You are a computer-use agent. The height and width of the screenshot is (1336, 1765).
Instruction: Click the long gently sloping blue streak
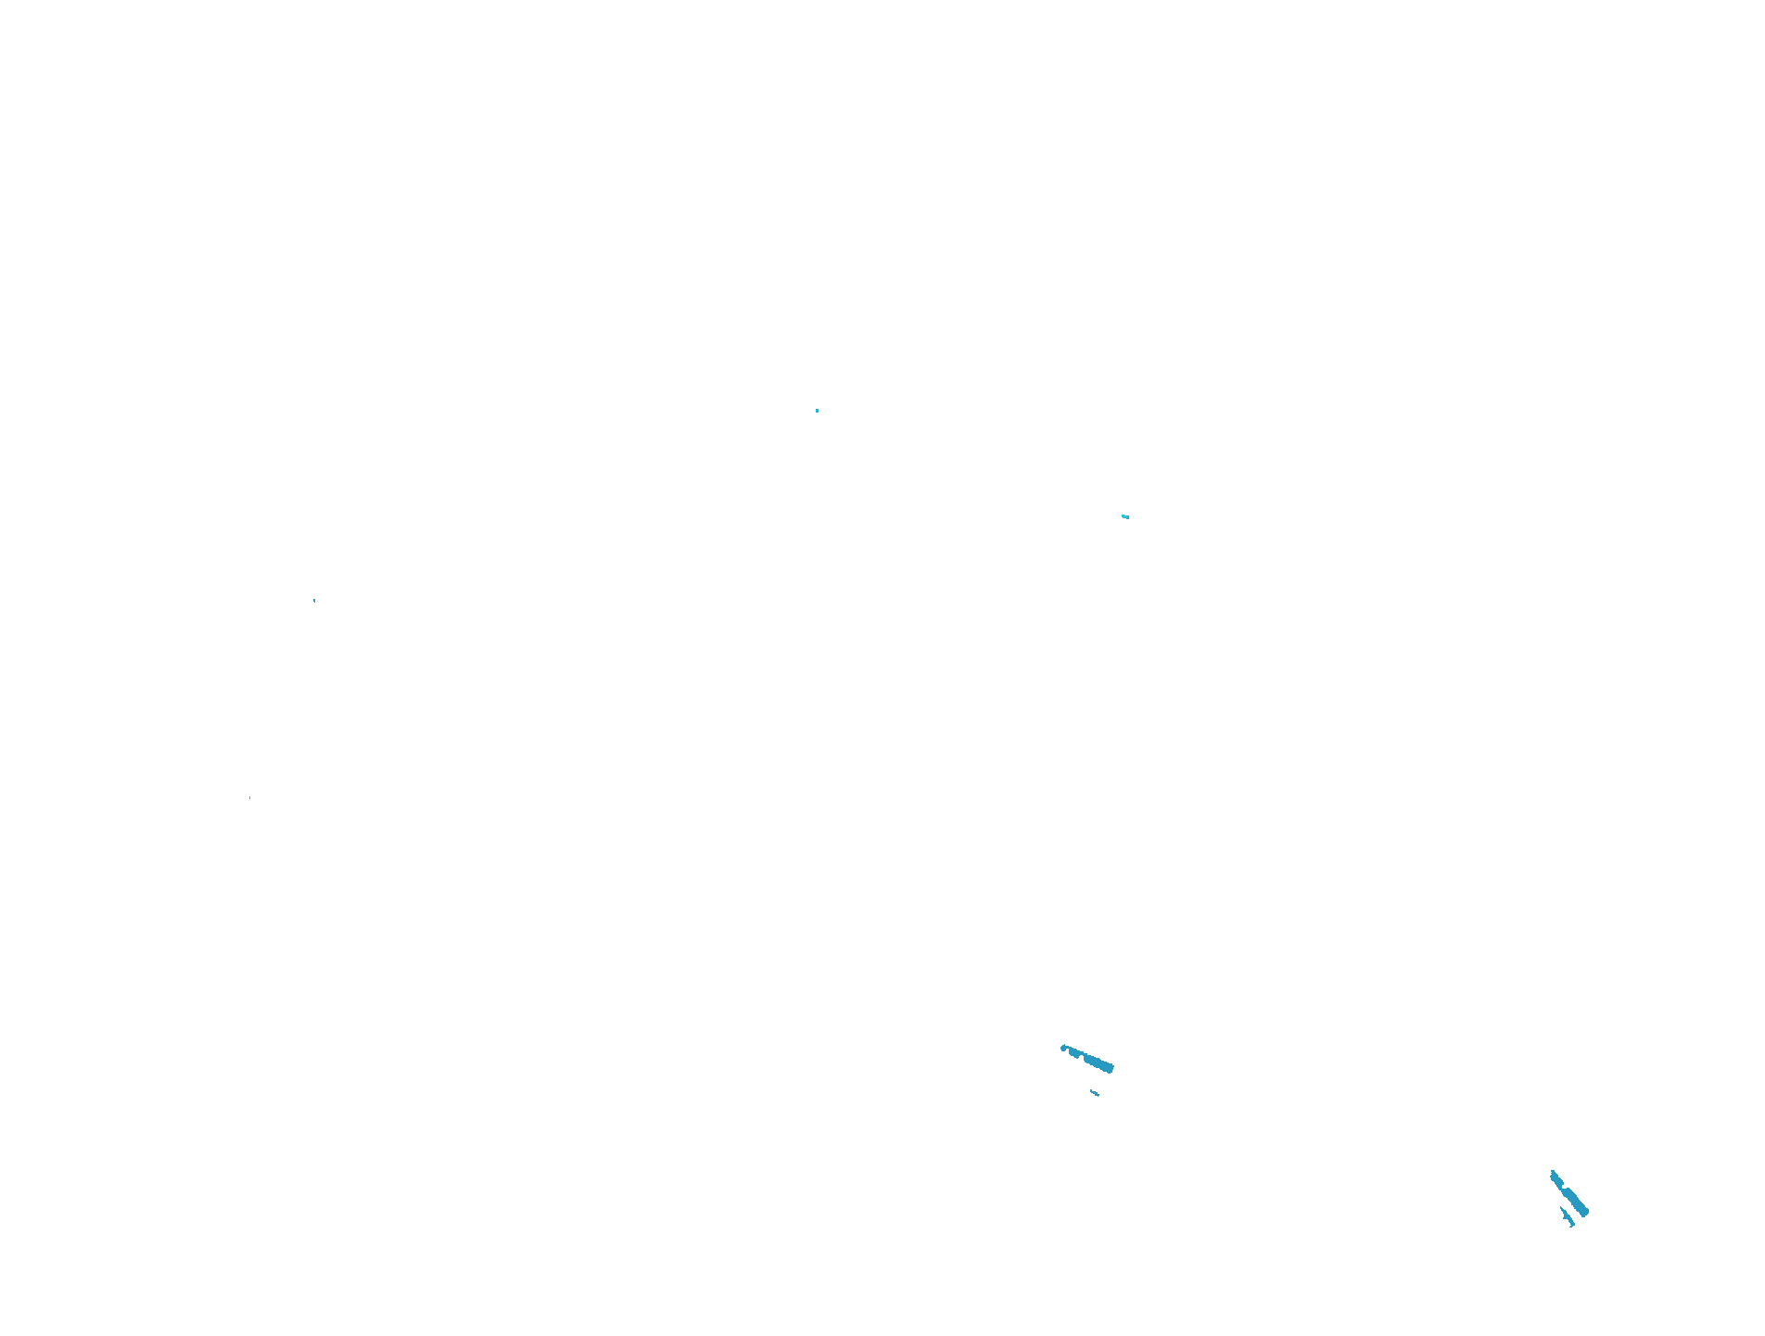[x=1097, y=1062]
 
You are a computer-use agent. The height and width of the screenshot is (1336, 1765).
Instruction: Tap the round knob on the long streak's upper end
[x=1063, y=1049]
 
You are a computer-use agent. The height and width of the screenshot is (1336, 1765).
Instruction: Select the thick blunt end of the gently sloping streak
[x=1110, y=1068]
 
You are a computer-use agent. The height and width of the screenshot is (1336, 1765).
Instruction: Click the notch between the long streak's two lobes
[x=1082, y=1056]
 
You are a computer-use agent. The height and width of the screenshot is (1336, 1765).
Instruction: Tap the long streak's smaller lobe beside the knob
[x=1073, y=1053]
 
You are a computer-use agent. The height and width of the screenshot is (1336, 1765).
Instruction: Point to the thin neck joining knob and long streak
[x=1067, y=1048]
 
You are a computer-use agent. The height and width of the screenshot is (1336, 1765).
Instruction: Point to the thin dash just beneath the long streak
[x=1095, y=1093]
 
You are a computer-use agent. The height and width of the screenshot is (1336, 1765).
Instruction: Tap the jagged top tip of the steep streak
[x=1553, y=1171]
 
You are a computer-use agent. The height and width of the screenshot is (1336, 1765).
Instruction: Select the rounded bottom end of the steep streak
[x=1584, y=1213]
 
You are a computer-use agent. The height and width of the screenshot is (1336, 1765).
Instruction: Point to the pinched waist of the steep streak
[x=1561, y=1189]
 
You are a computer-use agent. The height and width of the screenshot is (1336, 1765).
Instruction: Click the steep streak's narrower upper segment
[x=1556, y=1180]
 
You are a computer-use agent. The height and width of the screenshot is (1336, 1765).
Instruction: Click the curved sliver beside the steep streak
[x=1568, y=1216]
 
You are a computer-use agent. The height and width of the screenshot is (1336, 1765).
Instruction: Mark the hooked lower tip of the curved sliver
[x=1570, y=1227]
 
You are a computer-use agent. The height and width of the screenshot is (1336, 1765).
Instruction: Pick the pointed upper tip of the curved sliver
[x=1560, y=1207]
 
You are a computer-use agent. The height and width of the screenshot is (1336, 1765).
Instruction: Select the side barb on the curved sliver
[x=1564, y=1218]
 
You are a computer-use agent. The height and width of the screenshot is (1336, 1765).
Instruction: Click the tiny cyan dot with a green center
[x=817, y=411]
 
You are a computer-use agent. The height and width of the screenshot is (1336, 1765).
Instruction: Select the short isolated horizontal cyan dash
[x=1124, y=516]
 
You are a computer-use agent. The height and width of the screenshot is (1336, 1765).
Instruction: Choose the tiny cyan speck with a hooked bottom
[x=314, y=601]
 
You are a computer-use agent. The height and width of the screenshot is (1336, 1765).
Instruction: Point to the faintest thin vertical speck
[x=249, y=797]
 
